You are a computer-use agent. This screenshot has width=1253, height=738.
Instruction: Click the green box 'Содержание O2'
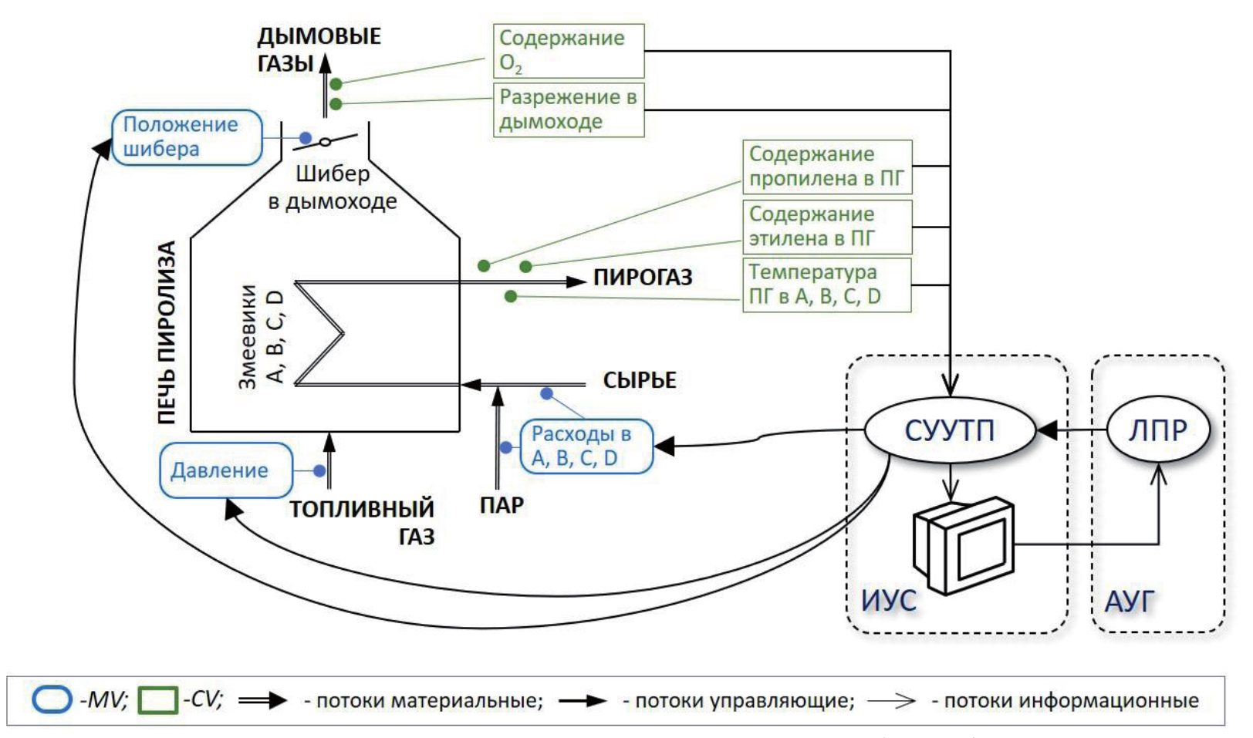(568, 51)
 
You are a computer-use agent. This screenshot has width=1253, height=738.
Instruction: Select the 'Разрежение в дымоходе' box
(568, 110)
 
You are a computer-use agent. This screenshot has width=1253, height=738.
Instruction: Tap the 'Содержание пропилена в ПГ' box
(826, 167)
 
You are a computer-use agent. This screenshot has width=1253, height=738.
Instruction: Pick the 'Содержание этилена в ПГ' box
(826, 227)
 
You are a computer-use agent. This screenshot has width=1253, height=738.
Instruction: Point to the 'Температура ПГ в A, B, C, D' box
(826, 285)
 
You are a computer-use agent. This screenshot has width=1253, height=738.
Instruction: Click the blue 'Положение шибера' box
(187, 137)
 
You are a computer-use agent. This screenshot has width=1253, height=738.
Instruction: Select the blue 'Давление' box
(225, 470)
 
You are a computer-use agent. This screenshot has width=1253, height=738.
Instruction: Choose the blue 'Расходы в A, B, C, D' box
(586, 446)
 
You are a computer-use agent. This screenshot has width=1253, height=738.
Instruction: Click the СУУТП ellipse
(949, 430)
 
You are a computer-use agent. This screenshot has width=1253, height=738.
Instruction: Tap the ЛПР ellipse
(1157, 430)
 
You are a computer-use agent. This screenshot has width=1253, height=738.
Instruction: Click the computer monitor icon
(964, 544)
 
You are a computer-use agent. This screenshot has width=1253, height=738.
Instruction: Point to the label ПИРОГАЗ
(643, 278)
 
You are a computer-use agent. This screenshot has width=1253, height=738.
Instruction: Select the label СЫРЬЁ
(640, 380)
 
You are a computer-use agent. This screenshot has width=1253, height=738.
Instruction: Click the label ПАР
(502, 505)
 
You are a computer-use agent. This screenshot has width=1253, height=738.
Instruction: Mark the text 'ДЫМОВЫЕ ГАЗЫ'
(318, 49)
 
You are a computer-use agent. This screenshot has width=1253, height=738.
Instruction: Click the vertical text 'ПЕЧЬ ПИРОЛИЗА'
(167, 332)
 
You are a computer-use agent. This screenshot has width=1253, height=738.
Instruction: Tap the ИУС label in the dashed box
(889, 601)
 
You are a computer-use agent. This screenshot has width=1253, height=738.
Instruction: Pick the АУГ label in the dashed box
(1130, 601)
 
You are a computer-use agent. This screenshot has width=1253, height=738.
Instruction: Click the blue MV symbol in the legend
(52, 700)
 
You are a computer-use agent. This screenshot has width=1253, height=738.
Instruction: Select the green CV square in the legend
(157, 700)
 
